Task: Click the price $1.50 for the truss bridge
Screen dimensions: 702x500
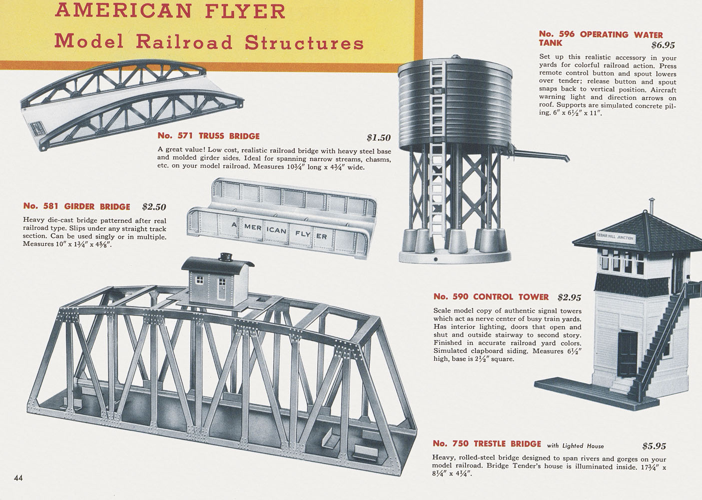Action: [x=379, y=137]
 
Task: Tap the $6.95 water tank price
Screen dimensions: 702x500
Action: [x=663, y=45]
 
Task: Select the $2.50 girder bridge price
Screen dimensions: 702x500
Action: [x=154, y=207]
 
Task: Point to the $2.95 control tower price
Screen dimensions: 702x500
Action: [x=570, y=297]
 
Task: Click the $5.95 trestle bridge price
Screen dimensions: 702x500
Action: [x=655, y=446]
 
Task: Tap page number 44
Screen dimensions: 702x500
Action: [x=18, y=478]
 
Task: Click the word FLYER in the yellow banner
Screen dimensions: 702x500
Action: [x=245, y=11]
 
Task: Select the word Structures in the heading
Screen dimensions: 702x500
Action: [x=304, y=42]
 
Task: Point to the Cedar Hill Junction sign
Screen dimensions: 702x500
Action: [x=615, y=237]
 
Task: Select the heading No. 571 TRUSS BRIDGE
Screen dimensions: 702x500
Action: [x=208, y=136]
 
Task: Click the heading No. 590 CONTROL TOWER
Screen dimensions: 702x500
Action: [x=491, y=296]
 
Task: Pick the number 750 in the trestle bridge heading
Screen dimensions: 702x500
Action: [x=460, y=443]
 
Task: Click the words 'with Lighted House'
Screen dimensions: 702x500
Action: [x=576, y=445]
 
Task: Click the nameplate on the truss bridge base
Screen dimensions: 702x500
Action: [x=37, y=129]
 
